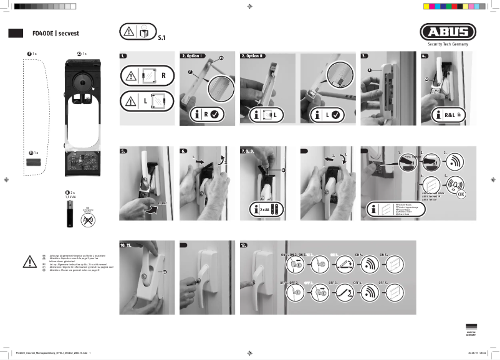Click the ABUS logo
point(447,32)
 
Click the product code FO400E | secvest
point(60,33)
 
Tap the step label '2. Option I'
point(193,56)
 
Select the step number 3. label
point(365,56)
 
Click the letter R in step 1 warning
point(164,75)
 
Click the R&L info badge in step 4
point(449,115)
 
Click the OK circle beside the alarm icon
point(461,193)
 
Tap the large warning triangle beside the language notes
point(29,261)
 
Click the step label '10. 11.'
point(129,246)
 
